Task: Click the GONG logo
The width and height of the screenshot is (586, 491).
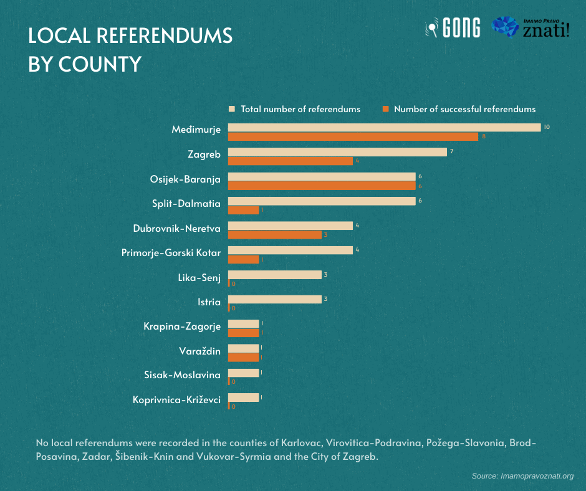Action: [x=453, y=27]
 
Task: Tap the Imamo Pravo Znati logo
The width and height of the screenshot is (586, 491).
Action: [x=530, y=27]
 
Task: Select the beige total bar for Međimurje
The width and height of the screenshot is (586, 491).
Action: [x=384, y=128]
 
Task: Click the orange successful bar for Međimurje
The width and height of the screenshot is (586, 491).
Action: [x=353, y=136]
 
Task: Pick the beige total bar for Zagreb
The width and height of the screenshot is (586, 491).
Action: [x=337, y=152]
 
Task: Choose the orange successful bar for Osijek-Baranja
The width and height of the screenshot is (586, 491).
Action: [x=322, y=186]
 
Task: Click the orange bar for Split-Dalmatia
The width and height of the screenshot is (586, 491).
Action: [x=244, y=210]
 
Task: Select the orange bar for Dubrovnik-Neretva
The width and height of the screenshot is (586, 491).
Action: [x=275, y=235]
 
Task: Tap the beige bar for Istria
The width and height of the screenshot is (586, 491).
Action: [x=275, y=299]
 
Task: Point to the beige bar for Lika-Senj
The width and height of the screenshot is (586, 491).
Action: [x=275, y=275]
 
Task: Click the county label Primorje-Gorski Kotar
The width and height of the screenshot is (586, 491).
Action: [x=171, y=253]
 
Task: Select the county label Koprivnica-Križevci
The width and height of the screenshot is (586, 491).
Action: [x=177, y=400]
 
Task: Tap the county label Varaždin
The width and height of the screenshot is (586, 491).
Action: [x=199, y=351]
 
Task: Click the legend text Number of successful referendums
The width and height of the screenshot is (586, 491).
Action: [x=464, y=109]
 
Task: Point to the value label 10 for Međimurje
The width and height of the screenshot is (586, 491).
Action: [x=547, y=127]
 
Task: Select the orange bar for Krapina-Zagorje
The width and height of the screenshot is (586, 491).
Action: [x=244, y=333]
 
